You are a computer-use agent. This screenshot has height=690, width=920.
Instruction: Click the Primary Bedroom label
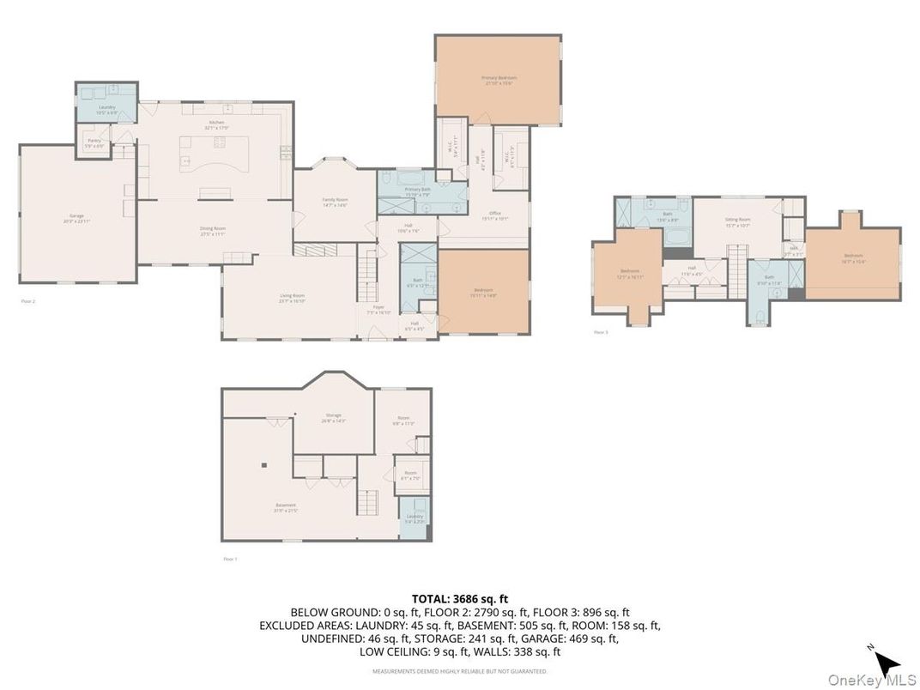click(499, 79)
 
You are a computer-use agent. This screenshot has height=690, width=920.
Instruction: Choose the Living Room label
click(292, 298)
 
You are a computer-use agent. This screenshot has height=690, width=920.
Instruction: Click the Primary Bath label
click(418, 191)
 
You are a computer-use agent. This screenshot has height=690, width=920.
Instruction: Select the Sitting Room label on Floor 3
click(738, 221)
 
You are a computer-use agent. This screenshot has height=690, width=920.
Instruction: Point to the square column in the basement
click(264, 465)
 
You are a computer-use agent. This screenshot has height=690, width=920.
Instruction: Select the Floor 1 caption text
click(230, 559)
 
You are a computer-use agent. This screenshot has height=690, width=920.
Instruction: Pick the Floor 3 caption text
click(601, 331)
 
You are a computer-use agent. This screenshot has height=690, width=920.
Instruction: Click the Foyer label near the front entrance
click(378, 310)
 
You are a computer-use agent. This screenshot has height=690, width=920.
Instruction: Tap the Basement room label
click(286, 506)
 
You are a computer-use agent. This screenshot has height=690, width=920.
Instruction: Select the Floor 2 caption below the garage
click(28, 301)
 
